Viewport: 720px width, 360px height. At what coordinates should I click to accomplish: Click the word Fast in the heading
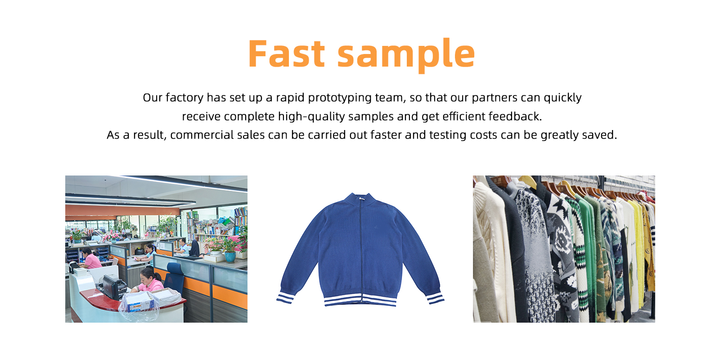pyautogui.click(x=286, y=54)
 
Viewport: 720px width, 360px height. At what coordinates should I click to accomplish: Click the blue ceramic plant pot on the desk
pyautogui.click(x=230, y=257)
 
